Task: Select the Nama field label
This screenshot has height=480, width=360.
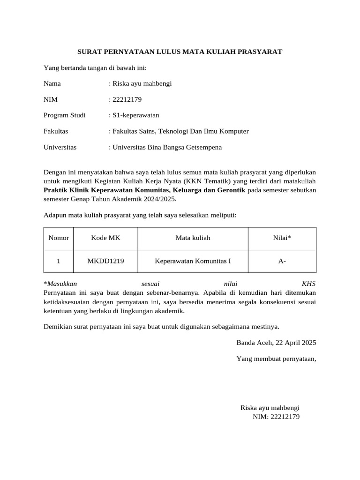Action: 52,84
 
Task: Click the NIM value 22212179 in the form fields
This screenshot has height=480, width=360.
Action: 127,99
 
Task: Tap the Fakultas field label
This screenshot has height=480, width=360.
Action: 56,131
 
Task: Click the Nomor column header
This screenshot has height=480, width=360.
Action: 59,238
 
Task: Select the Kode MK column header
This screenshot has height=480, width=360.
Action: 105,238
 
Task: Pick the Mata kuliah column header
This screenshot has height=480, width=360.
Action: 193,238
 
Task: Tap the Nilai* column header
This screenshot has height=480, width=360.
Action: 282,238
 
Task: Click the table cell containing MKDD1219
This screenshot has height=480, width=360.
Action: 105,261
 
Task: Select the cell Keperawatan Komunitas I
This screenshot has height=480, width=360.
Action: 193,261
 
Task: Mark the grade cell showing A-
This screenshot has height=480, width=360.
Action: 282,261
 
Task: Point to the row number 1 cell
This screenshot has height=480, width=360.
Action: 59,261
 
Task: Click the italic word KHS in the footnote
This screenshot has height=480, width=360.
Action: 309,284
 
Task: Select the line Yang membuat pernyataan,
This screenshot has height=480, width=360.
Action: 276,359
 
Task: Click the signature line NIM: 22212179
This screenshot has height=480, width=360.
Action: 276,416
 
